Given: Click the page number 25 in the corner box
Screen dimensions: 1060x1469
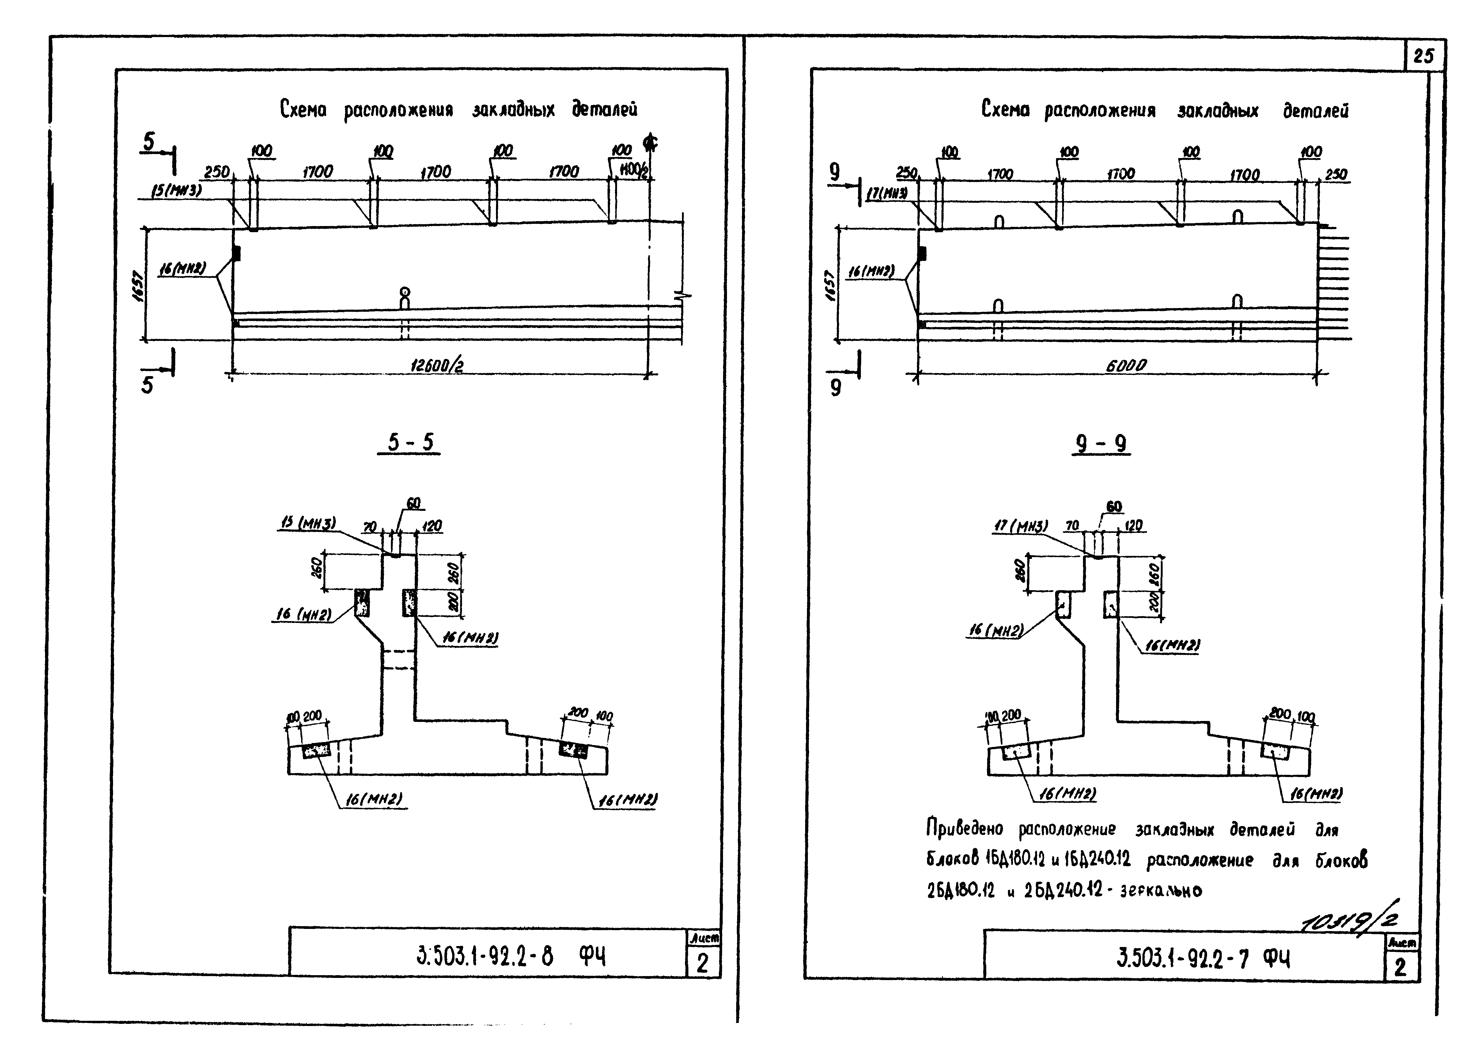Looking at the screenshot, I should (1423, 56).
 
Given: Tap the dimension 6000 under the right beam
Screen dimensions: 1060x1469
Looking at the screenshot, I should (1126, 366).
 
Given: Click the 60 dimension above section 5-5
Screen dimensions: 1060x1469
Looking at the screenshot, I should (413, 503).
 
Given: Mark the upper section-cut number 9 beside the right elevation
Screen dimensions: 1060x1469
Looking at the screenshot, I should (835, 172).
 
